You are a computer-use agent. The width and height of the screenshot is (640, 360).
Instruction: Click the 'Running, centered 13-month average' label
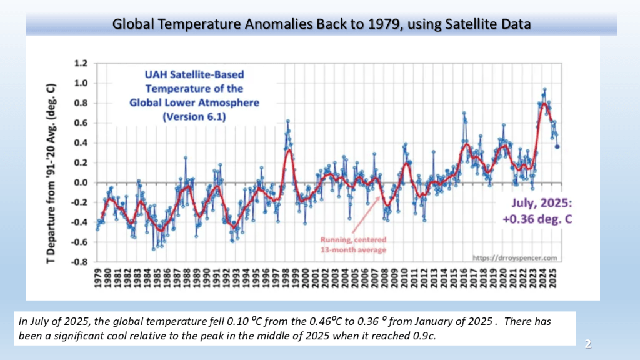click(x=354, y=244)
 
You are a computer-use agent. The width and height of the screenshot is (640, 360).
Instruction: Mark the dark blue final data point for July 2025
click(x=557, y=147)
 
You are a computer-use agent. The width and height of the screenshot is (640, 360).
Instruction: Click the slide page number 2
click(x=587, y=343)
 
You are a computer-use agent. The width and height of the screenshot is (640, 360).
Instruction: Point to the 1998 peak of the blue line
click(x=287, y=121)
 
